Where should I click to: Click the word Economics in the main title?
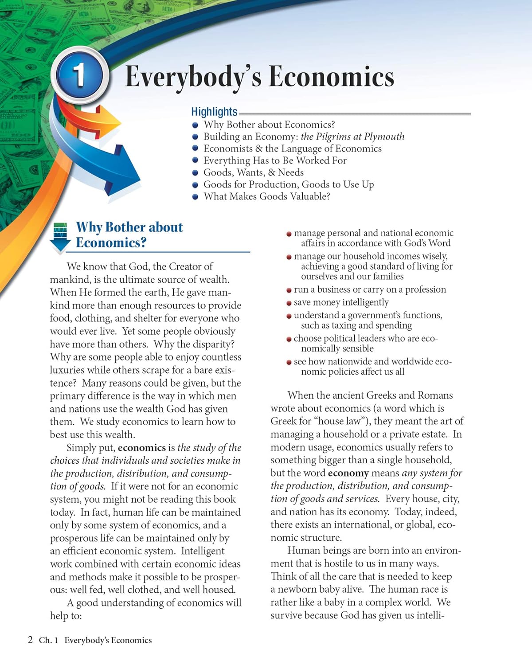(331, 77)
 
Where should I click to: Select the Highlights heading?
(214, 112)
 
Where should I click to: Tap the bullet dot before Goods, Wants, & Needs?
(195, 173)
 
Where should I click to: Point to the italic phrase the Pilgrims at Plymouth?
(352, 137)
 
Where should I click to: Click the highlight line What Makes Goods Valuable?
(266, 196)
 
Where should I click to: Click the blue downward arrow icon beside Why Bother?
(60, 238)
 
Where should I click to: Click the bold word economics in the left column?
(141, 448)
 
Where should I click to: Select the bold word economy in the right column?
(348, 473)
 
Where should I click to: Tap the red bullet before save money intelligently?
(289, 303)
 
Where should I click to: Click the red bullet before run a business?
(289, 290)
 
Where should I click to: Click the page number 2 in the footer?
(30, 640)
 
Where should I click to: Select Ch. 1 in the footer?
(48, 640)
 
